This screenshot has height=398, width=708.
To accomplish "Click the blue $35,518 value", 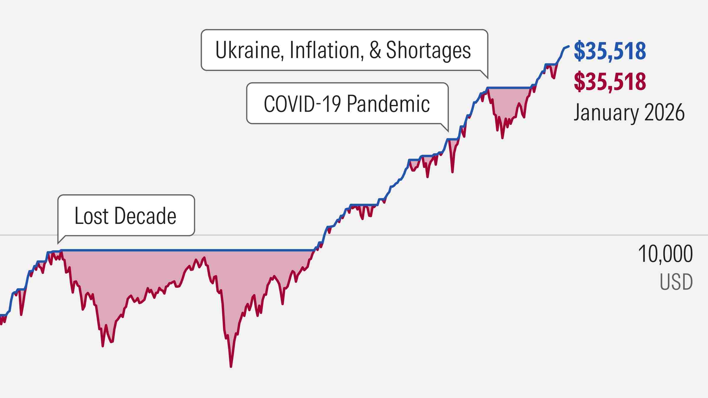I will coord(610,51).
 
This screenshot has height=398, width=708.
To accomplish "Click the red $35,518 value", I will coord(610,81).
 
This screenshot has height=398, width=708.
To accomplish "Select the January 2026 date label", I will coord(629,112).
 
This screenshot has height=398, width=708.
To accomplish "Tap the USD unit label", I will coord(676,282).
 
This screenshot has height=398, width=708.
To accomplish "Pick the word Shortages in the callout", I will coord(428,50).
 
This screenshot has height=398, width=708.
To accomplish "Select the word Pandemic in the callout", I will coord(388,104).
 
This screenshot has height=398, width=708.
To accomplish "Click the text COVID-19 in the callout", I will coord(302,104).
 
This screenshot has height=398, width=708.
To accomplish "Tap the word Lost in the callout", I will coord(92,216).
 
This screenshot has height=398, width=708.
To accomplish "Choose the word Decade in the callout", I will coord(145,216).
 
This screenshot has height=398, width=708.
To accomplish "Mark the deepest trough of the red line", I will coord(231,367).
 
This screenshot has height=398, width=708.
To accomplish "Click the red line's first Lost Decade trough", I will coord(103,346).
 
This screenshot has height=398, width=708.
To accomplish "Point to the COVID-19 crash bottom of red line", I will coord(452,172).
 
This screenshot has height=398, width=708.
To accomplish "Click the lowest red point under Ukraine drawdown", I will coord(502,138).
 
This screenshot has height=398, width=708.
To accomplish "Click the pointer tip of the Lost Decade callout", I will coord(58,243).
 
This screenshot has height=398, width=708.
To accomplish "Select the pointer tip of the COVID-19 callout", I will coord(448,131).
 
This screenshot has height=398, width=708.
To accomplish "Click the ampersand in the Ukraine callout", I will coord(375,50).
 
